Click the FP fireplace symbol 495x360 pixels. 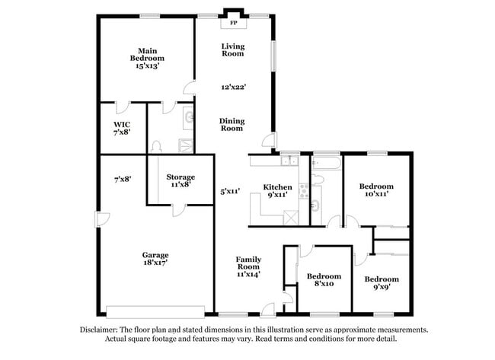[x=233, y=22]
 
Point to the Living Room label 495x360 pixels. [x=232, y=49]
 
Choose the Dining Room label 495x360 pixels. [x=232, y=124]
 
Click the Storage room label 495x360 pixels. [x=180, y=177]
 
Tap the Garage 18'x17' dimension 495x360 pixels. [x=155, y=262]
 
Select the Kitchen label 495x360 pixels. [x=277, y=187]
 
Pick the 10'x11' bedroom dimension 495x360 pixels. [x=376, y=195]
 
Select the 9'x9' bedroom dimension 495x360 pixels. [x=382, y=288]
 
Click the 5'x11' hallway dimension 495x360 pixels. [x=230, y=192]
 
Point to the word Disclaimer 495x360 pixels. [x=100, y=330]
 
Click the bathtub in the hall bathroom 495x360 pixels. [x=325, y=163]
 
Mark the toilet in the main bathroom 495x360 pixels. [x=156, y=145]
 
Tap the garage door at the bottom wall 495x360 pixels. [x=155, y=311]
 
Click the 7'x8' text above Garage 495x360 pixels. [x=123, y=180]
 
